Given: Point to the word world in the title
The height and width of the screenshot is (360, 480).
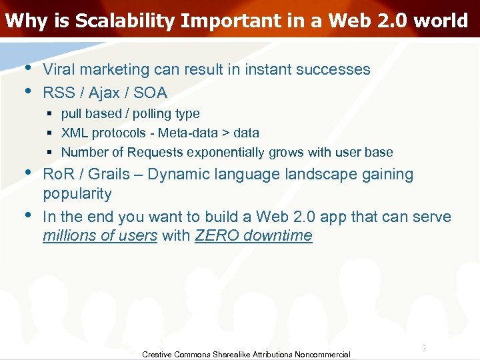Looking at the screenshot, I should click(440, 21).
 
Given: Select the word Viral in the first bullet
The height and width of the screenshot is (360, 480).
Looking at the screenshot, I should click(58, 69).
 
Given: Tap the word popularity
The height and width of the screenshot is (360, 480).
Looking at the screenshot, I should click(77, 194).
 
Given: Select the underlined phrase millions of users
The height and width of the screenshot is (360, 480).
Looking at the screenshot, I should click(100, 235).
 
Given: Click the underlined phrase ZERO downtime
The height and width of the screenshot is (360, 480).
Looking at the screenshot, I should click(253, 235).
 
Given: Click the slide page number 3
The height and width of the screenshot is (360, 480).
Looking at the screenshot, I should click(423, 349).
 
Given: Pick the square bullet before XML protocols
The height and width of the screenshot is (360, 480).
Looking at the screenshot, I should click(52, 133).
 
